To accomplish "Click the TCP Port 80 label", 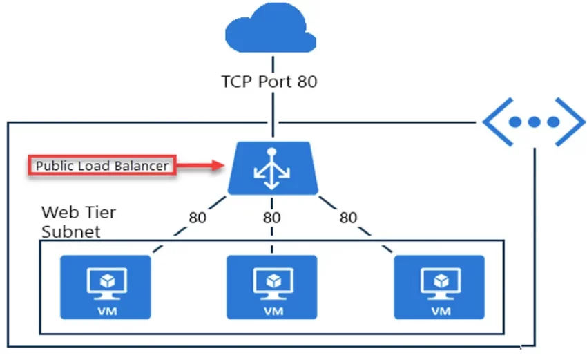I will [x=269, y=82].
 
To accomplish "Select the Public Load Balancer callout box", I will [x=102, y=166].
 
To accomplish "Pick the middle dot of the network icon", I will [x=533, y=122].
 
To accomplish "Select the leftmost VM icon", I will [x=105, y=287].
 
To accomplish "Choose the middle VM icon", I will [x=272, y=287].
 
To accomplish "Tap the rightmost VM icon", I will [x=439, y=287].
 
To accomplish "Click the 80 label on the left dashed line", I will [x=198, y=218].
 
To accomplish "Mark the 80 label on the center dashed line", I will [x=272, y=218].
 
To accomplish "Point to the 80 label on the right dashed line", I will [x=348, y=218].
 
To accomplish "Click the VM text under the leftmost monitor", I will [x=105, y=310].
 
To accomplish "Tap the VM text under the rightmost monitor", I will [x=439, y=310].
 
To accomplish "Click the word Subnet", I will [x=70, y=231].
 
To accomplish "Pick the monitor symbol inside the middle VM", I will [x=272, y=281].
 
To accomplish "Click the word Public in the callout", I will [x=52, y=166].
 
